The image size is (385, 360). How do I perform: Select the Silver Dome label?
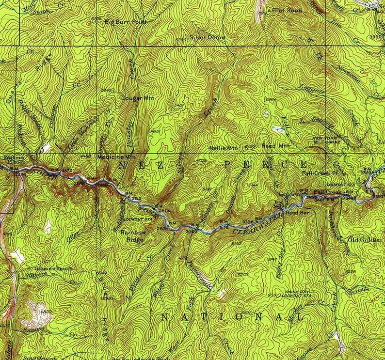203,36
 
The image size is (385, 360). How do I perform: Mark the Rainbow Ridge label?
130,235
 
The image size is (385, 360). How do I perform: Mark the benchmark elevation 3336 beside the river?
247,222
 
